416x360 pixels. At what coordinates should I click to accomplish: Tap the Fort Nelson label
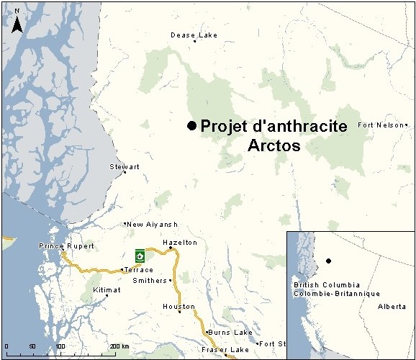(x=381, y=125)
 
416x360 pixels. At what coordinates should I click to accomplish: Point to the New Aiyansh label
(x=152, y=225)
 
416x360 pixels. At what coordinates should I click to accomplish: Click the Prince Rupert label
(x=66, y=246)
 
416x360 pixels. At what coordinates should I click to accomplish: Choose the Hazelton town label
(x=180, y=243)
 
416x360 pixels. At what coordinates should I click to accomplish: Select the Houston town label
(x=178, y=307)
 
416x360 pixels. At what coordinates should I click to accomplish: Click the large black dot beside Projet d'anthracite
(x=191, y=126)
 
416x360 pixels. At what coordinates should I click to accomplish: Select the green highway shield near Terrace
(x=140, y=255)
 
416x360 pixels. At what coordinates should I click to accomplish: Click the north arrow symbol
(x=18, y=23)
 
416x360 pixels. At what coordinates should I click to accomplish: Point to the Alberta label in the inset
(x=392, y=306)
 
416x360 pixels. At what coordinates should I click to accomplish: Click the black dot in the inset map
(x=328, y=261)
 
